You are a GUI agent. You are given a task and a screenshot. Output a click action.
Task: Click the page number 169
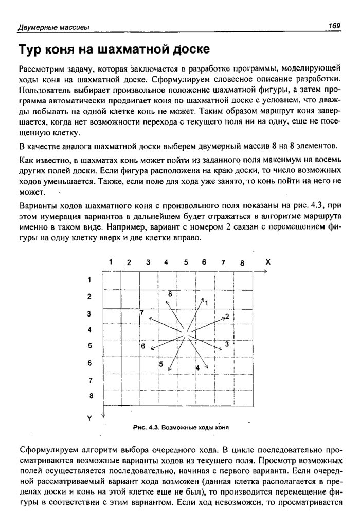334,25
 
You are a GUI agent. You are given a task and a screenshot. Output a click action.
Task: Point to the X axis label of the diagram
267,262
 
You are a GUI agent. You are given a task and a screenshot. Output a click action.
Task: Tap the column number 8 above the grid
241,263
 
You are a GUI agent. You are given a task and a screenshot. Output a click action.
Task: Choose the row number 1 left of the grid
89,280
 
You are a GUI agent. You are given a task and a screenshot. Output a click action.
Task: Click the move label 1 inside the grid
206,303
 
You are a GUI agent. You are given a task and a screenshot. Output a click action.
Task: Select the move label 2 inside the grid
227,315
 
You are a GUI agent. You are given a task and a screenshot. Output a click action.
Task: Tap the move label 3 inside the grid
226,343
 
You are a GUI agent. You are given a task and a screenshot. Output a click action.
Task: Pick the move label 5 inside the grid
161,364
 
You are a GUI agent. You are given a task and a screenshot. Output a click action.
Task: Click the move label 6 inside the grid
143,346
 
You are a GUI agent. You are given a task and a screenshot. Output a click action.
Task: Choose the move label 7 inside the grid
142,313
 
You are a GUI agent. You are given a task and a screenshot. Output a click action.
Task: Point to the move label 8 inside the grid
169,293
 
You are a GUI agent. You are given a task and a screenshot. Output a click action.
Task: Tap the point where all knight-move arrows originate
188,332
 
